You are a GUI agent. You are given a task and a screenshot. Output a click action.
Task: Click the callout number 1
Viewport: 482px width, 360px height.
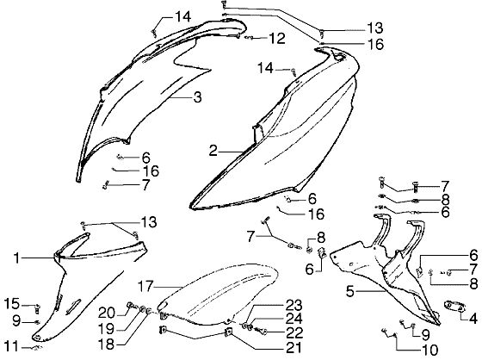17,258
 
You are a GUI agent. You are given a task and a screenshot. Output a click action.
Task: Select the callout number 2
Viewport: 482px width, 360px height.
213,151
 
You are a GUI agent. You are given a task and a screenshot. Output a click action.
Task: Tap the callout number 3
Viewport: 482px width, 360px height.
197,97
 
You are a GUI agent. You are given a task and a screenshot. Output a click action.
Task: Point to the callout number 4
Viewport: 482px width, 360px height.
473,319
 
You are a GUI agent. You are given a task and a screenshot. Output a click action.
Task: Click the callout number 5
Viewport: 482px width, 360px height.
350,291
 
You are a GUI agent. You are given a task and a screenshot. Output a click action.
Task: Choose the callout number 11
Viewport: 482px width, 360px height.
11,346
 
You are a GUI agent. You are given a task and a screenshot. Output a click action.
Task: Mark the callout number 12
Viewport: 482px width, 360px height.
277,39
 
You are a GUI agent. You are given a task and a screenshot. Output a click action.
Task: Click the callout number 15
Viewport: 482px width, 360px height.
12,304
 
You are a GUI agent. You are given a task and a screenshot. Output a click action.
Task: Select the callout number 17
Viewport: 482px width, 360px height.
145,287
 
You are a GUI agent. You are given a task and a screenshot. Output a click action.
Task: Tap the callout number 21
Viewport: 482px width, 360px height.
294,348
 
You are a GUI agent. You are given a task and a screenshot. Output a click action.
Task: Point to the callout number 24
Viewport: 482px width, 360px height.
294,319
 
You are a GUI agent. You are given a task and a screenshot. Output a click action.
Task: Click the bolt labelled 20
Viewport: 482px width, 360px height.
131,305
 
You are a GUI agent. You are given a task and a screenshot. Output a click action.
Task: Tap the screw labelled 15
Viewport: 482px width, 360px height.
37,307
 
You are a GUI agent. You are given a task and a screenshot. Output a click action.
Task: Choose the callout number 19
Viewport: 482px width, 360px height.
107,329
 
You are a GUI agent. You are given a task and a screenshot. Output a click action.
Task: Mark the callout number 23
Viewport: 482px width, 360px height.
294,305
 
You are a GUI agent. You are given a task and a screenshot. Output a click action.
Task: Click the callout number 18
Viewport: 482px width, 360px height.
107,344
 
